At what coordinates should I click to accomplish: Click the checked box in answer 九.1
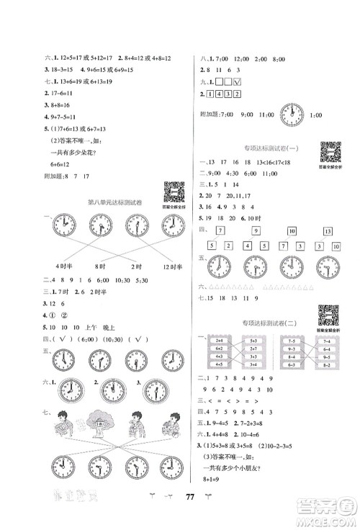pyautogui.click(x=246, y=83)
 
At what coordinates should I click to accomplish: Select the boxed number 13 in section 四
pyautogui.click(x=327, y=230)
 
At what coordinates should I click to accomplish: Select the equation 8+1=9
pyautogui.click(x=217, y=486)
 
